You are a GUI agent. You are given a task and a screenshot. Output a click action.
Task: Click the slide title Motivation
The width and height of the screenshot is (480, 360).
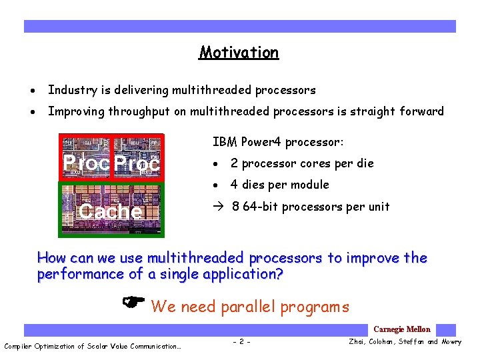[239, 53]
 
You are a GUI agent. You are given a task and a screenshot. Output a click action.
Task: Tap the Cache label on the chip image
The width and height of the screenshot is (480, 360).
[110, 211]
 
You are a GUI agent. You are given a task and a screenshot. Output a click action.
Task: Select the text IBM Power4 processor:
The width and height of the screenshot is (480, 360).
[278, 142]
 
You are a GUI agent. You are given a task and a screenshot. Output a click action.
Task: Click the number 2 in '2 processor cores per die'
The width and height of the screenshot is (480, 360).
[234, 163]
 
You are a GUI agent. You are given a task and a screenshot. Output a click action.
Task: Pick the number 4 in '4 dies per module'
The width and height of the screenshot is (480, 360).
[234, 185]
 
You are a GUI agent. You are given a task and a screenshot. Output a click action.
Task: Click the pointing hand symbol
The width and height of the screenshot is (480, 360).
[135, 304]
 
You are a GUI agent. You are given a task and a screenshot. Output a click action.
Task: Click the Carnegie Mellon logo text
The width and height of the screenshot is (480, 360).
[402, 329]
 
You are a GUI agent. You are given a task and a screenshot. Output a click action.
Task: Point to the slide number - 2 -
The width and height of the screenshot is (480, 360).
[241, 342]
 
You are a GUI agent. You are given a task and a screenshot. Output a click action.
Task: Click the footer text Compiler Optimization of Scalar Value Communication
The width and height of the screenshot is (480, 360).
[92, 346]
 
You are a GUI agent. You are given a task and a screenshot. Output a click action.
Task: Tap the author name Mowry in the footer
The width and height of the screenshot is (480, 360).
[451, 342]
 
